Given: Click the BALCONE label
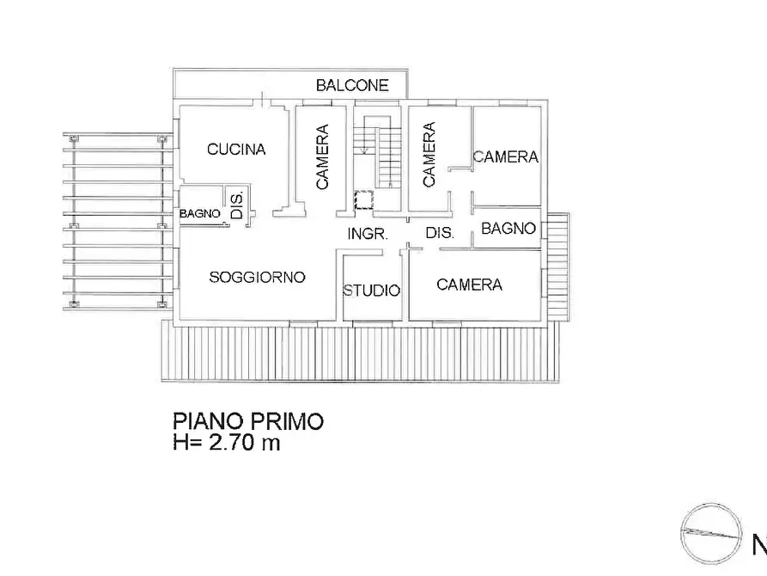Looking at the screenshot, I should pos(352,85).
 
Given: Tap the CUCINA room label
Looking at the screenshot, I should pos(236,150).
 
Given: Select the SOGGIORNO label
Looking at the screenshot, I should pos(258,277).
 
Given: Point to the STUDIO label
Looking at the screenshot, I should pos(372,291).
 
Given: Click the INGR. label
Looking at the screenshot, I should pos(368,234).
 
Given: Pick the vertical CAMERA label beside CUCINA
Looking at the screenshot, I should pos(322,157).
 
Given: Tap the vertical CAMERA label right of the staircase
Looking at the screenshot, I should pos(429,155).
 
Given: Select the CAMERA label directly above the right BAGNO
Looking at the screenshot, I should pos(505,157).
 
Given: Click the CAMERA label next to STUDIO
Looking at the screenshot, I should pos(469,285).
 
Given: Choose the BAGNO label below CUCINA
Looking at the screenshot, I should pos(200,214).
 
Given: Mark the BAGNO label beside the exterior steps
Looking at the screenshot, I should pos(508,229).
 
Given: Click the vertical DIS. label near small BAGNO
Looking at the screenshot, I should pos(238,204).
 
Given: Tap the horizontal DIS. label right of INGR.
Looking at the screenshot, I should pos(440,234).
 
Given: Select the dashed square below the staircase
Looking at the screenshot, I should pos(365,200).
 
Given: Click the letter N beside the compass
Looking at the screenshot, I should pos(759,544).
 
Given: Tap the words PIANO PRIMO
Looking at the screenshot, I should pos(248,422).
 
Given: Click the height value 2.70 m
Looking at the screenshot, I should pos(243,444).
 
